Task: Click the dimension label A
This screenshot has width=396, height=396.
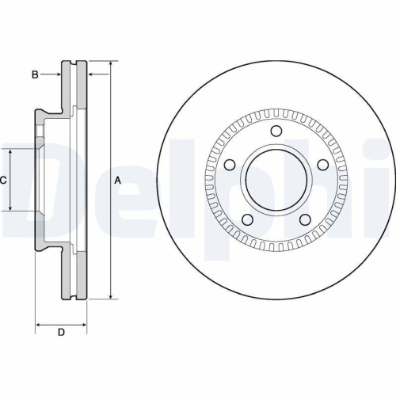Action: click(x=117, y=181)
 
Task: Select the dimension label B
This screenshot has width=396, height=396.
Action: click(x=34, y=74)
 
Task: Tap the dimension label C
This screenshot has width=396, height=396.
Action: click(x=3, y=181)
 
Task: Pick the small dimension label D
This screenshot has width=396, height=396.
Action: click(x=60, y=332)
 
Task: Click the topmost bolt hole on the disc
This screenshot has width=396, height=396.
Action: click(x=276, y=131)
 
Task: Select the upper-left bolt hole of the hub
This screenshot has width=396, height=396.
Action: click(x=229, y=166)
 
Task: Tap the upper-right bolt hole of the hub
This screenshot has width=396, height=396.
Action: click(x=322, y=164)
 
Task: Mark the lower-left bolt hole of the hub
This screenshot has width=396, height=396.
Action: click(x=246, y=219)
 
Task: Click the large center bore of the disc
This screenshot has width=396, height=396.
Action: click(x=276, y=181)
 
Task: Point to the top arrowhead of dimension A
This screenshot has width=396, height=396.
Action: click(x=109, y=63)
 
